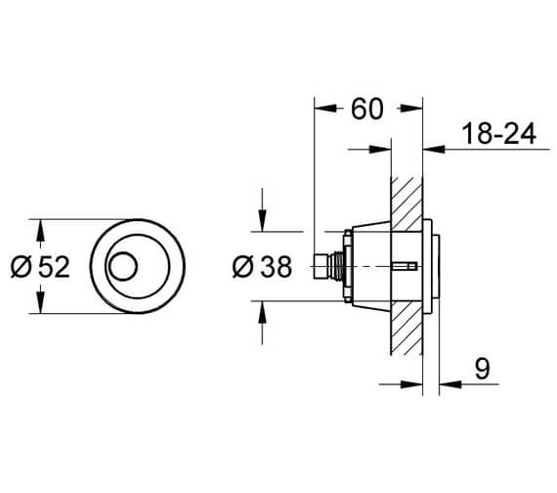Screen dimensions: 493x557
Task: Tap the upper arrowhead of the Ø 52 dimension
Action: [40, 227]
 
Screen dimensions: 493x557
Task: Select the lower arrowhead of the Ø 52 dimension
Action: [40, 306]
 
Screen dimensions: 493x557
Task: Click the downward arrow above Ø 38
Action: [262, 224]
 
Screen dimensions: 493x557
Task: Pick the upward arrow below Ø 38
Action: [262, 309]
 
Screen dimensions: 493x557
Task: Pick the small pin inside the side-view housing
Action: [402, 266]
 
